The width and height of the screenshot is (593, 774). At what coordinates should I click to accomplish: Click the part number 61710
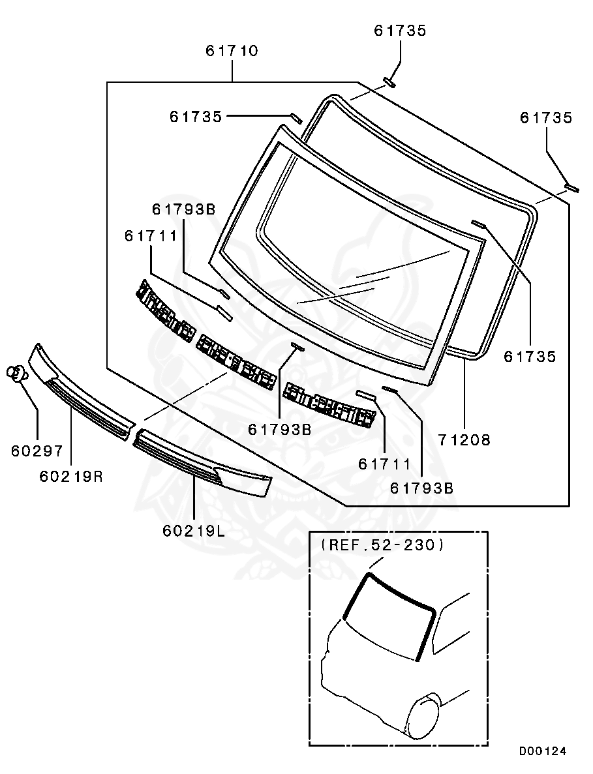pyautogui.click(x=232, y=51)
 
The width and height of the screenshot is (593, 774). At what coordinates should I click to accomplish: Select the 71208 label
pyautogui.click(x=464, y=440)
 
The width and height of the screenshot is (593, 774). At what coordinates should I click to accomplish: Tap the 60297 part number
pyautogui.click(x=37, y=451)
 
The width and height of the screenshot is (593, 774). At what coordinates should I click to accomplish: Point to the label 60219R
pyautogui.click(x=71, y=476)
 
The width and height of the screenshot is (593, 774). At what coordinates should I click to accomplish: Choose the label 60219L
pyautogui.click(x=194, y=530)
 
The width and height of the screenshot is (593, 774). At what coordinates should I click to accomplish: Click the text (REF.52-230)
pyautogui.click(x=382, y=545)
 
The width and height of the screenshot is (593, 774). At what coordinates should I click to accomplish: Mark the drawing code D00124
pyautogui.click(x=543, y=751)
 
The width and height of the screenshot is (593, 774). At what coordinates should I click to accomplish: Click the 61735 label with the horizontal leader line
pyautogui.click(x=196, y=116)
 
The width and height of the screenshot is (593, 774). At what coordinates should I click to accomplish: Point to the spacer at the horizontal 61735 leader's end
pyautogui.click(x=296, y=118)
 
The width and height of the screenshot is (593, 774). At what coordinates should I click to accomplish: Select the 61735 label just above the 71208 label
pyautogui.click(x=530, y=356)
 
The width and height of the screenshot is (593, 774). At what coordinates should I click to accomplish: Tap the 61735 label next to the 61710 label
pyautogui.click(x=400, y=31)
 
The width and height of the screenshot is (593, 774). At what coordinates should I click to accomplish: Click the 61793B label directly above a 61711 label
pyautogui.click(x=183, y=209)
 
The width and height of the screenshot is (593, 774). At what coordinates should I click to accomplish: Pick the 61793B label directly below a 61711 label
pyautogui.click(x=421, y=487)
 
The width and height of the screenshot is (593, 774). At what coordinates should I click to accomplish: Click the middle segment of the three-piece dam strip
pyautogui.click(x=236, y=361)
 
